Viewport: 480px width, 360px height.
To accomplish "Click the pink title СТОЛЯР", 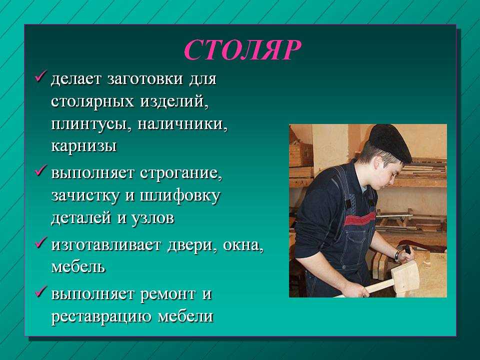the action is coord(242,50).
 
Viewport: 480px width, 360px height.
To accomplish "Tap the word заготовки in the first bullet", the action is coord(145,79).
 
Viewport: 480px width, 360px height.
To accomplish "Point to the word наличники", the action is coord(182,124).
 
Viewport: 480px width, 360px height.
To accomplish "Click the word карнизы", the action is coord(83,146).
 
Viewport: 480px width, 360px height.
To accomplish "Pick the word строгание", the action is coord(181,173).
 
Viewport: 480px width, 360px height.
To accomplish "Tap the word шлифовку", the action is coord(179,195).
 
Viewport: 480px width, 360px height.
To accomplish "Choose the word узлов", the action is coord(153,218).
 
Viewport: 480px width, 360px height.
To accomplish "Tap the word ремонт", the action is coord(168,294).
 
